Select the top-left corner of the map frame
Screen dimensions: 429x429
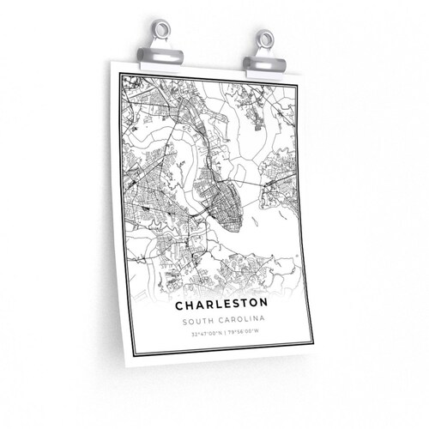point(122,75)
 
